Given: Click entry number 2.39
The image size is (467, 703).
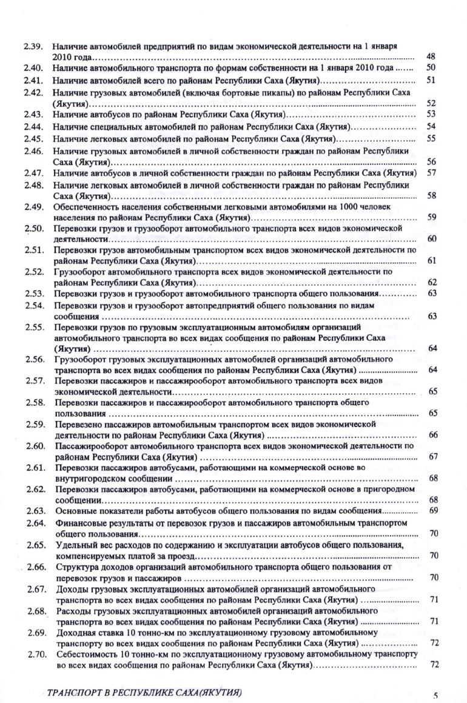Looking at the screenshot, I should (x=32, y=46).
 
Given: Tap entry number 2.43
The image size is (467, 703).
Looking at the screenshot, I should (x=32, y=114).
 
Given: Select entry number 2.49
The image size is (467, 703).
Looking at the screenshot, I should (x=33, y=207).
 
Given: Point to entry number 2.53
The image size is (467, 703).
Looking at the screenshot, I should (x=33, y=294).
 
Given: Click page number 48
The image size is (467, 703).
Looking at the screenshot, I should (x=431, y=56).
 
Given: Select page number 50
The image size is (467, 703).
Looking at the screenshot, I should (x=431, y=68).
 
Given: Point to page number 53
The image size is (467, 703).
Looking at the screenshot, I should (x=432, y=114).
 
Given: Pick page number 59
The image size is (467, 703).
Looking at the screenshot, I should (x=432, y=217).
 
